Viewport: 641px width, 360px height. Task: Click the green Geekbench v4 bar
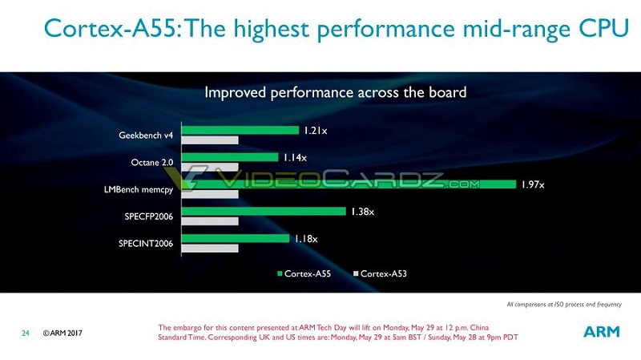(240, 130)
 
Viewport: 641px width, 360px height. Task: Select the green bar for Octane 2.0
(230, 157)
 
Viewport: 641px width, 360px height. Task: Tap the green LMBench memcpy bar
(349, 184)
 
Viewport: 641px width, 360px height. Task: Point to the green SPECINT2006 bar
(236, 238)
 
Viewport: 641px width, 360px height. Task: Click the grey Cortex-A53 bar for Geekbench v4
(211, 140)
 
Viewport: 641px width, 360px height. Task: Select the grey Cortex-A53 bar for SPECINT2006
(211, 249)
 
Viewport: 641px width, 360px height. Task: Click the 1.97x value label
(532, 184)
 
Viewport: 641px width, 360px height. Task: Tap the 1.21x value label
(313, 130)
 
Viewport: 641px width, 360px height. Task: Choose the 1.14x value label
(293, 157)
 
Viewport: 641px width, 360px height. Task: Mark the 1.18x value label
(304, 238)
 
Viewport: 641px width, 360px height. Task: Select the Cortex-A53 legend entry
(380, 274)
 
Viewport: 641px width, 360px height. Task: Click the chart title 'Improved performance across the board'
(335, 92)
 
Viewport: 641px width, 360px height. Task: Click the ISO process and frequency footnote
(564, 305)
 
